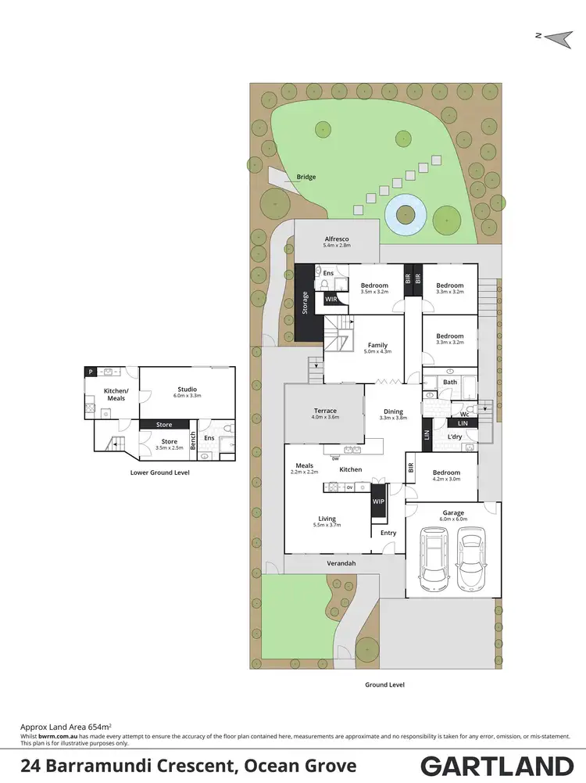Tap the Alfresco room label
[337, 239]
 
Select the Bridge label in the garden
[306, 177]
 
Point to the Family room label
[377, 345]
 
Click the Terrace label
[325, 411]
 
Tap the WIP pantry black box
[379, 501]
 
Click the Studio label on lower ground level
[187, 389]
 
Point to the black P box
[91, 372]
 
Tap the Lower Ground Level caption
[159, 472]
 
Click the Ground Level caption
[384, 684]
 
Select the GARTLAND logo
[497, 765]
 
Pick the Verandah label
[341, 563]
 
